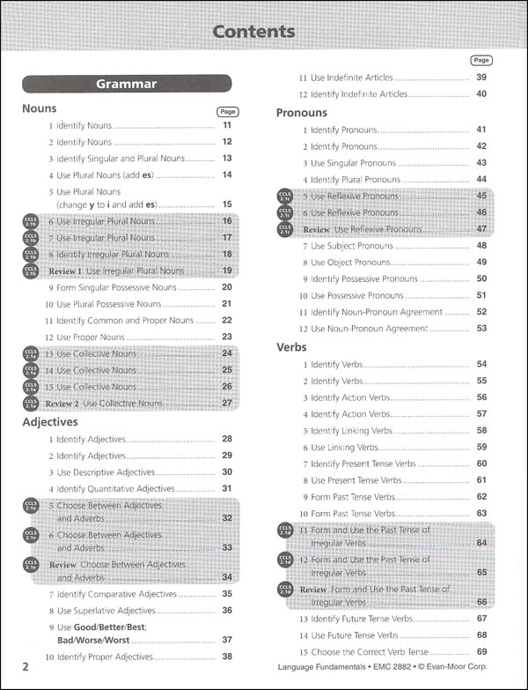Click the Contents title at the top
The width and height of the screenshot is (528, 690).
click(253, 32)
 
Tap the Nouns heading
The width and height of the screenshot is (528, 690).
click(39, 109)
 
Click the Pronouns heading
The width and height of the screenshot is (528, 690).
click(301, 113)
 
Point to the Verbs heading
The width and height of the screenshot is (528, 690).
click(291, 347)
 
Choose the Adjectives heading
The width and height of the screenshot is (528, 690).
click(50, 422)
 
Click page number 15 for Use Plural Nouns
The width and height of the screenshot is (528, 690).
click(227, 204)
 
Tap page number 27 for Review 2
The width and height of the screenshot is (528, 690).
click(227, 403)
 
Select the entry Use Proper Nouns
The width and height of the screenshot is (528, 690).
click(92, 337)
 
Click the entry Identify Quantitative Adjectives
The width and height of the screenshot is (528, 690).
click(116, 488)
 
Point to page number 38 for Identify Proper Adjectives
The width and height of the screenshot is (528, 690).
click(227, 657)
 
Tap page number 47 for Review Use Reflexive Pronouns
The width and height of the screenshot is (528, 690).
click(481, 229)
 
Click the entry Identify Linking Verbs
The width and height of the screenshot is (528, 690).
click(350, 430)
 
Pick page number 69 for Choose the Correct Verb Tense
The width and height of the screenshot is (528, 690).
click(481, 651)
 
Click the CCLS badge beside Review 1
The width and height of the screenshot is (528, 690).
click(31, 271)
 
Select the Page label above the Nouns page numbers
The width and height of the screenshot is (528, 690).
click(227, 113)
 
